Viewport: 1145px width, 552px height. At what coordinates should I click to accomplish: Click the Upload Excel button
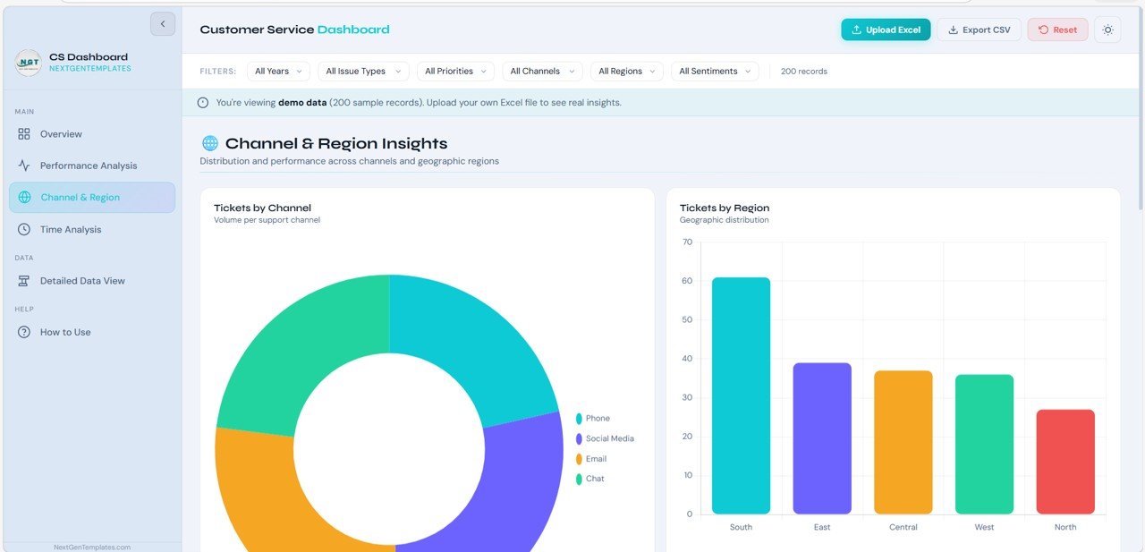click(x=886, y=30)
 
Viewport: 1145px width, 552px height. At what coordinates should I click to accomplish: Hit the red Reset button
click(x=1057, y=30)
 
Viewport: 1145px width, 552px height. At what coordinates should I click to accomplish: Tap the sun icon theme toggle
click(x=1107, y=30)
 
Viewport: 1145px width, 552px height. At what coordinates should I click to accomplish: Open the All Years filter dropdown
click(x=278, y=72)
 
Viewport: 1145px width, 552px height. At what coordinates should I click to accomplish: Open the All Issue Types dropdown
click(x=362, y=72)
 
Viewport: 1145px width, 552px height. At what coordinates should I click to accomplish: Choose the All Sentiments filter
click(x=715, y=72)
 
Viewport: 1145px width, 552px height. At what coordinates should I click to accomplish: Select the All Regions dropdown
click(x=626, y=72)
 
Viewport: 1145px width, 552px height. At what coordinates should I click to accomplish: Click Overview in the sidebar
click(x=61, y=134)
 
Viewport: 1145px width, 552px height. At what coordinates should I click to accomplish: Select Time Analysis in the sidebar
click(x=71, y=230)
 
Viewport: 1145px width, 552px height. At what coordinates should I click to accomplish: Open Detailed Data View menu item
click(x=82, y=281)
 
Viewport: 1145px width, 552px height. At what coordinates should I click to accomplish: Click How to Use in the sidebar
click(x=65, y=332)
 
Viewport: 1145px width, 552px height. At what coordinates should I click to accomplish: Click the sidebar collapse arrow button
click(x=163, y=24)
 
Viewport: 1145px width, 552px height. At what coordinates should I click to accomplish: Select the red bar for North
click(x=1065, y=462)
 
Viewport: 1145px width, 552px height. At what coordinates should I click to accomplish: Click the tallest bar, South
click(x=741, y=395)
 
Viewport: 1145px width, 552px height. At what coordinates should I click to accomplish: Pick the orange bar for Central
click(x=903, y=442)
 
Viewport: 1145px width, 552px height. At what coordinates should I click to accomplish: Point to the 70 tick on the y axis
click(x=687, y=242)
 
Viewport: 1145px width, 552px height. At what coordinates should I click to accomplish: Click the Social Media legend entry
click(x=609, y=438)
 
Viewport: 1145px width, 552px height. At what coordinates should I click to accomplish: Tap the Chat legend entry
click(x=595, y=479)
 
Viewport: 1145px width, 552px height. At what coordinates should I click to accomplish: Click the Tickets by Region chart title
click(x=724, y=208)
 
